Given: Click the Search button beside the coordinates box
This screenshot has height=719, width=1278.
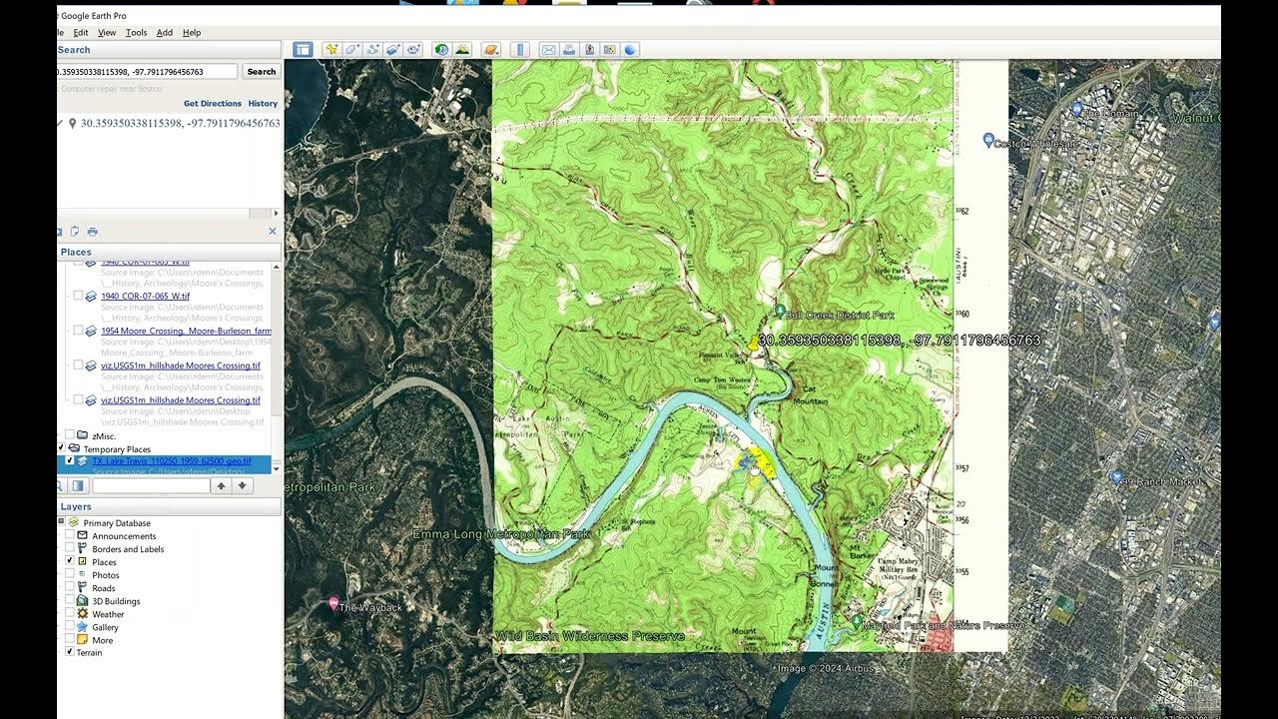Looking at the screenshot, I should tap(261, 72).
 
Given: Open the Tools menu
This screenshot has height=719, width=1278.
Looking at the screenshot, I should tap(136, 33).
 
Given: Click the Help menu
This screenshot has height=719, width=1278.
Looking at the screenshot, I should tap(192, 33).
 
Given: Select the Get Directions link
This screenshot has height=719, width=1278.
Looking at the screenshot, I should tap(212, 104).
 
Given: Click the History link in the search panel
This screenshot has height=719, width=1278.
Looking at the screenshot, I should tap(263, 104).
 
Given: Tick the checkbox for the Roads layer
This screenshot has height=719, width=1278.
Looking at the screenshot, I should tap(70, 588).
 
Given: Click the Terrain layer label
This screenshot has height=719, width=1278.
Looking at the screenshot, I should tap(89, 653).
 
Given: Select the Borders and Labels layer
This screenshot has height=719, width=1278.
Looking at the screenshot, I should tap(128, 549).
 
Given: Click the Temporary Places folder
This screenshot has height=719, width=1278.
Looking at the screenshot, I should tap(117, 449).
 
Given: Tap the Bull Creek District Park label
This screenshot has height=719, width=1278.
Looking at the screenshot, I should tap(839, 316).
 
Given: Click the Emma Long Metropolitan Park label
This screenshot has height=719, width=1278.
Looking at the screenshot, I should tap(501, 534).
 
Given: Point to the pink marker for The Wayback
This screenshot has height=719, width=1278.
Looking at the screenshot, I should tap(333, 603).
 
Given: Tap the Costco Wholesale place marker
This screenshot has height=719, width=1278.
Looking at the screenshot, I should tap(988, 140).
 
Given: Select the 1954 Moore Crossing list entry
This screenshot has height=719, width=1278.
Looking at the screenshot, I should tap(186, 331).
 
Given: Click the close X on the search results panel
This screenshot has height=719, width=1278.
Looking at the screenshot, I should tap(272, 232).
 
